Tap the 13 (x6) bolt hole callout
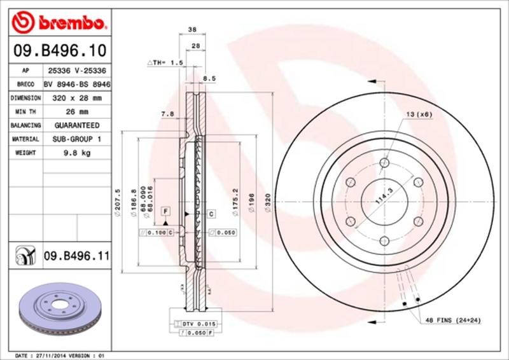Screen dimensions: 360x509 [419, 114]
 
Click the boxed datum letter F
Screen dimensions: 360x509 [165, 211]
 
